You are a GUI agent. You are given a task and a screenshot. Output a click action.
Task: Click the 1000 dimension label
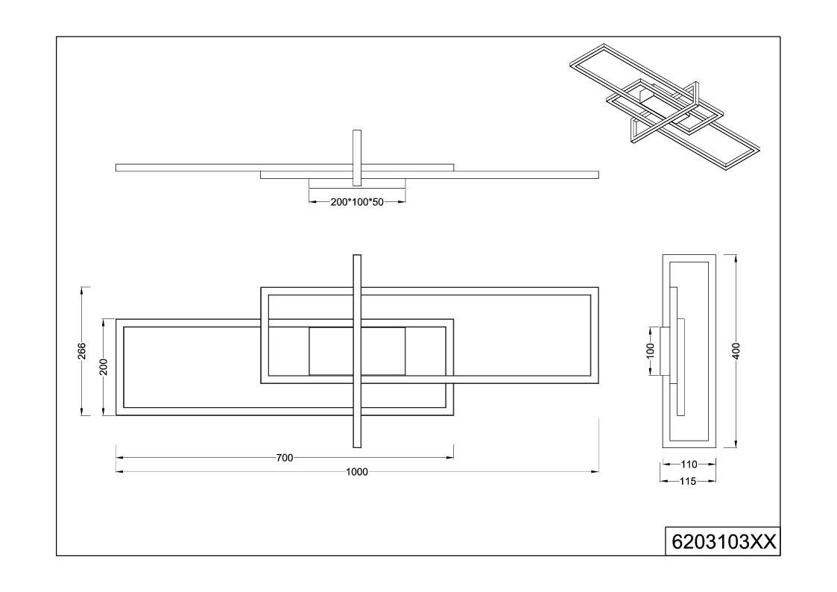356,472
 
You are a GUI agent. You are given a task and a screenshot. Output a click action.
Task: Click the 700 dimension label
285,458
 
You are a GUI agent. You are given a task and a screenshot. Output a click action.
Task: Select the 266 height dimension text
82,350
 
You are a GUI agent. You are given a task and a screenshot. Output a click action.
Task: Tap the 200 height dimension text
104,367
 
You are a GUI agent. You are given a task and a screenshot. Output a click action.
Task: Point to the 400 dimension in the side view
736,350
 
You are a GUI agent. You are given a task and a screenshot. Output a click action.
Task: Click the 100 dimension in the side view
650,350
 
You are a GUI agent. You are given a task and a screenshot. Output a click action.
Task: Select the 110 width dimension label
689,465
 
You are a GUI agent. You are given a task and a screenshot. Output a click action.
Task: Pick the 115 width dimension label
688,482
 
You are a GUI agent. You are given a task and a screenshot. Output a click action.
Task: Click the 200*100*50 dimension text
357,202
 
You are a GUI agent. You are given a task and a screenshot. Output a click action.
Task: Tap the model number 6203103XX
723,542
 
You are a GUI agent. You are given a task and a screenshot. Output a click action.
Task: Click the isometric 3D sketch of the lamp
665,98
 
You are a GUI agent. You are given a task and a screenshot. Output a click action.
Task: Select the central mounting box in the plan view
357,351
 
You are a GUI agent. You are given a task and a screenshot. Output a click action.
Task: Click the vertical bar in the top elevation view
357,158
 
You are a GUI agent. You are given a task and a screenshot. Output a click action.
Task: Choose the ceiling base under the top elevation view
357,183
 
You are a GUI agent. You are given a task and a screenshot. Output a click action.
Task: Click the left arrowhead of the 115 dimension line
665,482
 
